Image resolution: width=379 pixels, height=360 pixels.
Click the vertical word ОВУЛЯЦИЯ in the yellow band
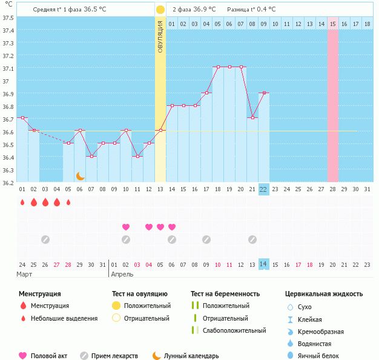click(x=160, y=36)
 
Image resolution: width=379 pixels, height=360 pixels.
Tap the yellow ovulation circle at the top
click(x=160, y=10)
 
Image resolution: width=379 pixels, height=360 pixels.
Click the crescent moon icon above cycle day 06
click(x=80, y=175)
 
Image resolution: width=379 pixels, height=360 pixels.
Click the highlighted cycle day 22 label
click(x=263, y=189)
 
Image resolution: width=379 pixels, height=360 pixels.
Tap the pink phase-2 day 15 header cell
click(x=333, y=24)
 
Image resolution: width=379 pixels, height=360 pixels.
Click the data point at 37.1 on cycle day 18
click(x=217, y=67)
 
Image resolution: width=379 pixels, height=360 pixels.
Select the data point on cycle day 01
click(x=22, y=118)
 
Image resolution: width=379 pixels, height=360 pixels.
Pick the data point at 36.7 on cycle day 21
click(x=252, y=118)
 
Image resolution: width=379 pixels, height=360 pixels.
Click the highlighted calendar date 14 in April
click(x=263, y=264)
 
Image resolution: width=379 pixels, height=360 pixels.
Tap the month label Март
click(x=25, y=274)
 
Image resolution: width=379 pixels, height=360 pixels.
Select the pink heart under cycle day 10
click(x=126, y=227)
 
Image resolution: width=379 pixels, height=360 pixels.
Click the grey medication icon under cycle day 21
click(x=252, y=240)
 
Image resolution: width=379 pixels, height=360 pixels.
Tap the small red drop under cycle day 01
click(x=22, y=203)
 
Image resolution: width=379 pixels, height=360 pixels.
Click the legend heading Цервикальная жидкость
click(x=324, y=294)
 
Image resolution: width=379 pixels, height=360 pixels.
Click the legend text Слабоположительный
click(x=234, y=331)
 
